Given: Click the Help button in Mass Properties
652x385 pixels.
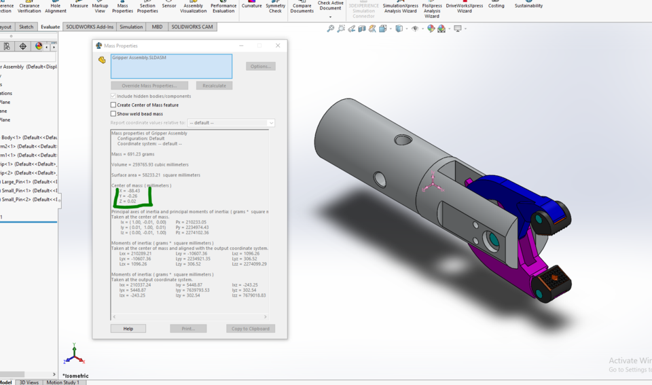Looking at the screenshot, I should click(128, 329).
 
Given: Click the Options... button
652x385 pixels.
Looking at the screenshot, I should click(261, 67).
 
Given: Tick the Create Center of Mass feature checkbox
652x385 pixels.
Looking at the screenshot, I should click(113, 105).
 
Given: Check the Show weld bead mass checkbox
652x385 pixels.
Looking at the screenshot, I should click(113, 114).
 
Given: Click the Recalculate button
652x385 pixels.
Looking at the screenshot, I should click(214, 86).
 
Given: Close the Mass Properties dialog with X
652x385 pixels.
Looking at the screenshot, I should click(278, 45).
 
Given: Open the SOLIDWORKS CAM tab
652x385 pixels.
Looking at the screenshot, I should click(192, 27).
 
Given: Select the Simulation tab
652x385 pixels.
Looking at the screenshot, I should click(131, 27).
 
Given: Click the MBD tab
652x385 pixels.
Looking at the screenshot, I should click(157, 27).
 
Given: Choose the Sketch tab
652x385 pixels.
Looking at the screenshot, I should click(26, 27).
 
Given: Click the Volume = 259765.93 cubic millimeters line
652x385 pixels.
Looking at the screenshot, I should click(149, 164).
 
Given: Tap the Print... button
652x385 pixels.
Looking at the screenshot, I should click(188, 329).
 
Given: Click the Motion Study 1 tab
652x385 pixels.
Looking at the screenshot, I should click(62, 382).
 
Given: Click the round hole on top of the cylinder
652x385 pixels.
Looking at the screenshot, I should click(403, 140).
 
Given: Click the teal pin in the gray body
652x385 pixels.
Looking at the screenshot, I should click(492, 240).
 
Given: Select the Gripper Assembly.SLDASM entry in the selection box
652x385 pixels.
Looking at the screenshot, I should click(139, 58).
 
